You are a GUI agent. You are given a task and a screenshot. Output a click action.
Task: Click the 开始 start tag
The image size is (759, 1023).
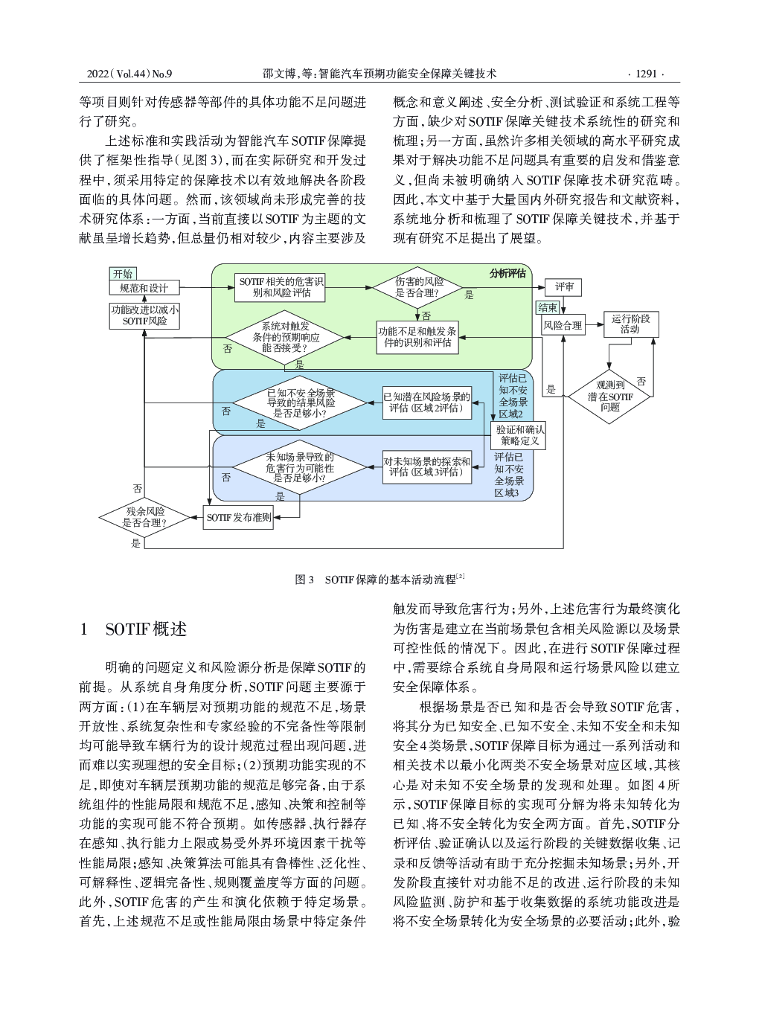[123, 274]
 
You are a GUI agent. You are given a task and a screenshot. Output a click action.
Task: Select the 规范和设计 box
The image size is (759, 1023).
[144, 288]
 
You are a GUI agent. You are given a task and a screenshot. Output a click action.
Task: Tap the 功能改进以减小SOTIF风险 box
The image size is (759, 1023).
[144, 316]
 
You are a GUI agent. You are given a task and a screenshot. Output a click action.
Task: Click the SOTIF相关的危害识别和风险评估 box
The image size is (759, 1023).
[281, 288]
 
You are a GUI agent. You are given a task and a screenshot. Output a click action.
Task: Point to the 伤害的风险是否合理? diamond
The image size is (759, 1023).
[417, 287]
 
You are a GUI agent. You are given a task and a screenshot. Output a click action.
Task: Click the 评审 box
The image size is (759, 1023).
[563, 287]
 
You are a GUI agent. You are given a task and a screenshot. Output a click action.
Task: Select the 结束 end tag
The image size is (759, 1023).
[548, 307]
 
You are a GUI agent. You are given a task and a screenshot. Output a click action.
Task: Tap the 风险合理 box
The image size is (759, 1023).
[563, 325]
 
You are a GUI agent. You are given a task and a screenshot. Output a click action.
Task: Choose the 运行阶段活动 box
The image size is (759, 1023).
[631, 324]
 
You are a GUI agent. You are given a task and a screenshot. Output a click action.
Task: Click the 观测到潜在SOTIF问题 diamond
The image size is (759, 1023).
[609, 397]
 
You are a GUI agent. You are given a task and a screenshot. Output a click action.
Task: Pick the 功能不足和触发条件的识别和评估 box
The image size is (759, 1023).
[417, 338]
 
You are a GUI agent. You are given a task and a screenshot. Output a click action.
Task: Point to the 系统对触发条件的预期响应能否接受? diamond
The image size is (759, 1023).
[286, 338]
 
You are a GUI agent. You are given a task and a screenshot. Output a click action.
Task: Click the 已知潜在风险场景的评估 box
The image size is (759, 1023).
[427, 403]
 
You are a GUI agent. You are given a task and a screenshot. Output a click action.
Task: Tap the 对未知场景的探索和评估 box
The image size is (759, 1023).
[427, 466]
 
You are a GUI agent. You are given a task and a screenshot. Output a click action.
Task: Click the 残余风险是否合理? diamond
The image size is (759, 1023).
[144, 518]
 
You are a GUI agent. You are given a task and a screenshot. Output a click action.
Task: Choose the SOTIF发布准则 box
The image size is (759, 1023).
[238, 518]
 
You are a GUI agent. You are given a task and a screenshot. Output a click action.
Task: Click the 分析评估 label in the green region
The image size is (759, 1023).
[507, 274]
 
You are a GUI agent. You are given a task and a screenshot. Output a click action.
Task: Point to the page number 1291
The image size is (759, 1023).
[646, 74]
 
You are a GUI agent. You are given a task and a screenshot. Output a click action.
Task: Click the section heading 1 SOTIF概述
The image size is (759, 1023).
[133, 629]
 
